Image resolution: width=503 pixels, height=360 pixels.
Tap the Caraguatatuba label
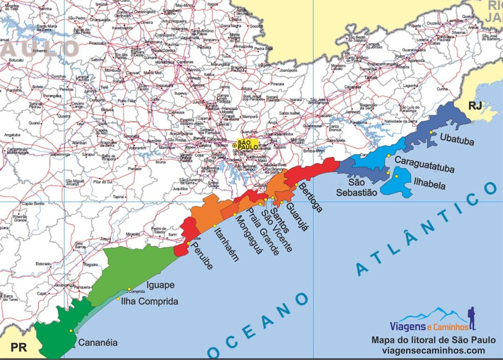424,161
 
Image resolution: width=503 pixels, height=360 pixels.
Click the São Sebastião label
357,187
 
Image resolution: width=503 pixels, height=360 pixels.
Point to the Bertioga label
310,197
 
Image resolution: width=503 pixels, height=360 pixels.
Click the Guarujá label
297,217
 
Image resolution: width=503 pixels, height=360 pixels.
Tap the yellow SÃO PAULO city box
247,145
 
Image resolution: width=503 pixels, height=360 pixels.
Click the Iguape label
161,285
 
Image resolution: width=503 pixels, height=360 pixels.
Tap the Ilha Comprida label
150,302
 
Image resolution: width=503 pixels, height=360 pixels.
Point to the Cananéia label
98,343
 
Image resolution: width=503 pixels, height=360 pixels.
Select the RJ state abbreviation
475,106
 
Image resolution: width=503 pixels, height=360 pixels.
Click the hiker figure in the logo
472,319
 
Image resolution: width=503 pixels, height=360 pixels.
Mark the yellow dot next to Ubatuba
431,132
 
